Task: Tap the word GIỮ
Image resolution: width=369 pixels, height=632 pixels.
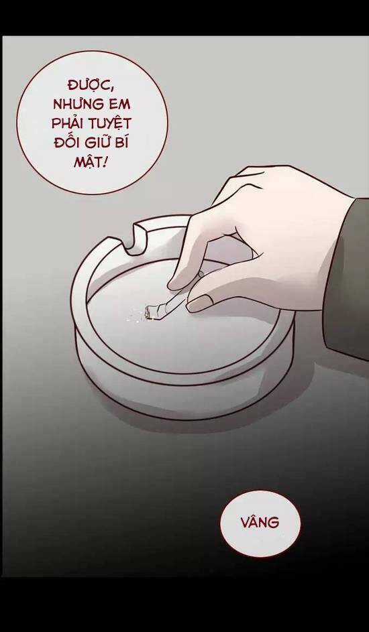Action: point(97,142)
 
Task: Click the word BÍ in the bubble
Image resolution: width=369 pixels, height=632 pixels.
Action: point(123,141)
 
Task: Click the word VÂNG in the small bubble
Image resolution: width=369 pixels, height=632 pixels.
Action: point(260,523)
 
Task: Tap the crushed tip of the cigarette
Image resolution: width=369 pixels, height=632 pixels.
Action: point(150,311)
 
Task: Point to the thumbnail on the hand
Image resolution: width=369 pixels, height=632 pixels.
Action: point(199,303)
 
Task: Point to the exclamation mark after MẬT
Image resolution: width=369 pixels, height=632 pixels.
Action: point(105,162)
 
